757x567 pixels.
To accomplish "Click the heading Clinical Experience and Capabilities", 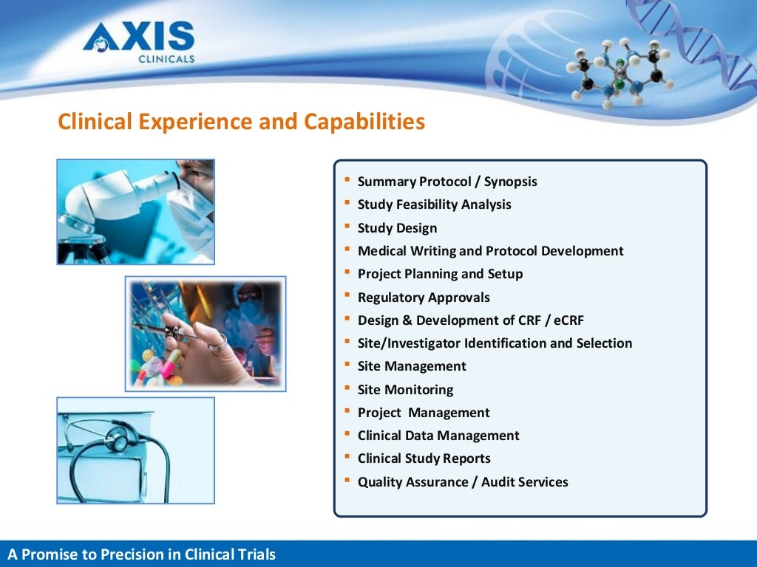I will click(x=242, y=121).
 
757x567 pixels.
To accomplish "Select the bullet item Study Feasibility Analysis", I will click(x=434, y=205).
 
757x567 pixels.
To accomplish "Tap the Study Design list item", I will click(x=397, y=228).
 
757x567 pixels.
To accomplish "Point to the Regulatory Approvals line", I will click(x=424, y=298).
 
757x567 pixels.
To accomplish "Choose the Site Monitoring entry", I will click(x=405, y=390).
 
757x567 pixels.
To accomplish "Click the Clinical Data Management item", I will click(x=438, y=436).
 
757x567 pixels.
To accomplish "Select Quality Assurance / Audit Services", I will click(x=463, y=482).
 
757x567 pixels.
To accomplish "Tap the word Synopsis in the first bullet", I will click(x=510, y=182).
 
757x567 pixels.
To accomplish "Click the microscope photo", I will click(x=136, y=212).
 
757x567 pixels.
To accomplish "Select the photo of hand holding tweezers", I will click(x=206, y=334).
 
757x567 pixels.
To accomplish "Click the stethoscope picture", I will click(x=136, y=450).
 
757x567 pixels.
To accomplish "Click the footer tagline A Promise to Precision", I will click(x=141, y=554).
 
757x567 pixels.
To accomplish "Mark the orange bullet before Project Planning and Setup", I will click(x=347, y=273).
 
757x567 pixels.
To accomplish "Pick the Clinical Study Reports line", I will click(x=424, y=458).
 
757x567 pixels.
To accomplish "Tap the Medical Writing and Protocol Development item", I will click(x=490, y=251).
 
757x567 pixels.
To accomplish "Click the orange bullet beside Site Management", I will click(x=347, y=365).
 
